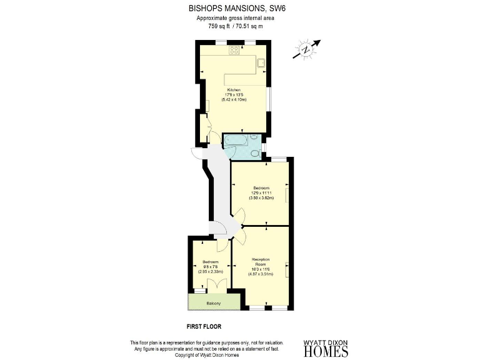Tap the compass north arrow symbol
(x=306, y=49)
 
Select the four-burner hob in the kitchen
(x=236, y=50)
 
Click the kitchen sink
(x=260, y=62)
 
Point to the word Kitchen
(x=234, y=89)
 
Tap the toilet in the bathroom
(x=255, y=153)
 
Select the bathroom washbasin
(x=255, y=139)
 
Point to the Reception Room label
(x=261, y=261)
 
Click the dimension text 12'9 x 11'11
(x=261, y=192)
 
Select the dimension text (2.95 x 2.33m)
(x=210, y=272)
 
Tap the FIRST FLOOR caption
(x=204, y=326)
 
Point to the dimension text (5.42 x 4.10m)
(x=234, y=99)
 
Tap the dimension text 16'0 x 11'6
(x=261, y=268)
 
